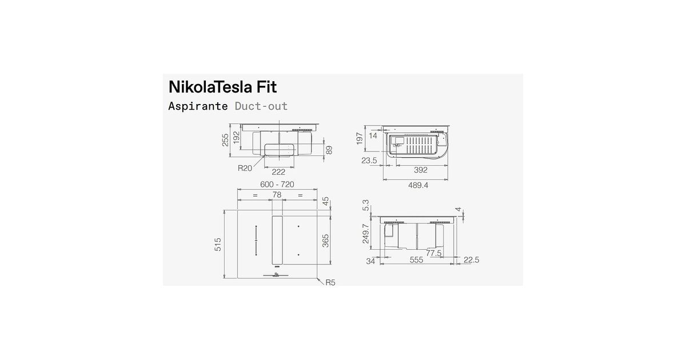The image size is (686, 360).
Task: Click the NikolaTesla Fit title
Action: click(x=222, y=87)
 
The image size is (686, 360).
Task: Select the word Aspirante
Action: click(x=198, y=106)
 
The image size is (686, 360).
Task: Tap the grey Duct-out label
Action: click(x=261, y=106)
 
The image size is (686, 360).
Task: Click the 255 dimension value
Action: click(x=225, y=140)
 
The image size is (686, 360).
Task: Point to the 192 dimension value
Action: click(x=236, y=138)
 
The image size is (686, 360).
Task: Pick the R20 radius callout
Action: click(x=245, y=168)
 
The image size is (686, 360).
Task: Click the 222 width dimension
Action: click(x=278, y=172)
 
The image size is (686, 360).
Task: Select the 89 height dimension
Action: click(x=329, y=150)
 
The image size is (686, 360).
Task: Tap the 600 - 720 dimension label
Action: click(x=277, y=184)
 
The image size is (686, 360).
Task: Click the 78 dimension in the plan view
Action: click(x=277, y=195)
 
